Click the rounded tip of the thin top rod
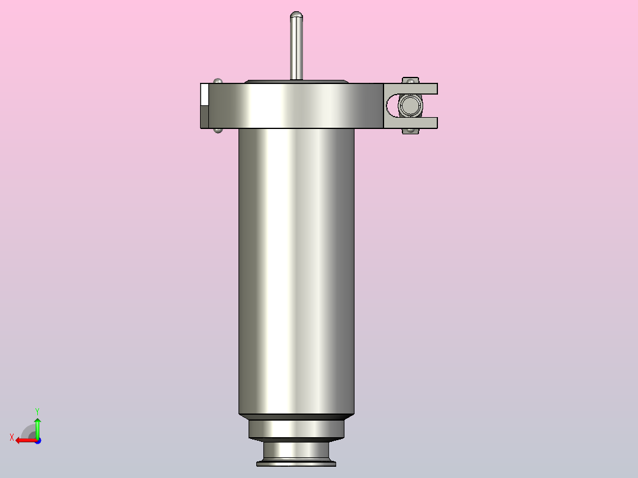tap(297, 14)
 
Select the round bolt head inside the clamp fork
tap(410, 106)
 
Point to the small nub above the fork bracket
tap(410, 79)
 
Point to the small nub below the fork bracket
tap(410, 131)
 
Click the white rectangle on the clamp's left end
tap(205, 94)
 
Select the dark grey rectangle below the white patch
tap(205, 117)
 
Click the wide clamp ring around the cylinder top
tap(296, 106)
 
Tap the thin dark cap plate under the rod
tap(296, 81)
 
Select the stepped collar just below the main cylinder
tap(296, 429)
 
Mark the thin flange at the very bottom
tap(296, 464)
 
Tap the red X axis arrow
tap(22, 440)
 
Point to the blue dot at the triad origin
tap(37, 440)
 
